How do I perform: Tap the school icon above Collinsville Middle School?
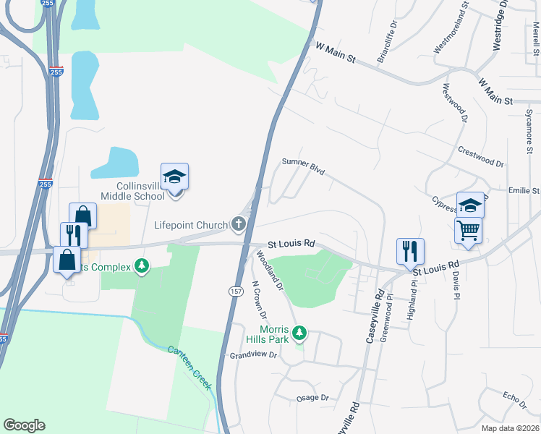174,176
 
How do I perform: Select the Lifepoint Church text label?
191,225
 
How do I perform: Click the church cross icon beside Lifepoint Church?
239,225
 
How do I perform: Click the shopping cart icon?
468,231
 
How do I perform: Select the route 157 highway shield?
236,290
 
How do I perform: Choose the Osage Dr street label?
312,398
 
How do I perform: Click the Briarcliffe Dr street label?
383,43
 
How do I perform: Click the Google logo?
24,425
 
